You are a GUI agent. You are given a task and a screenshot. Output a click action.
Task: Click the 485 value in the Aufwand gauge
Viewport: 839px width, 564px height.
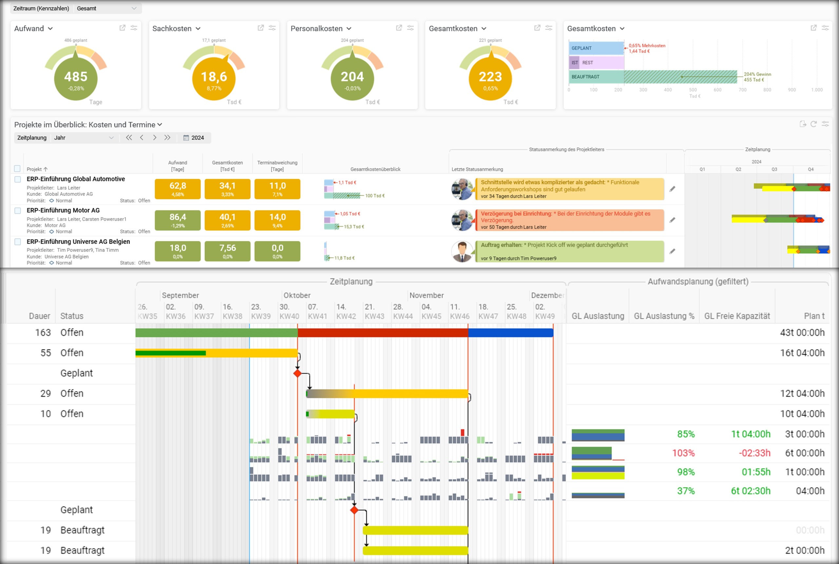(x=75, y=77)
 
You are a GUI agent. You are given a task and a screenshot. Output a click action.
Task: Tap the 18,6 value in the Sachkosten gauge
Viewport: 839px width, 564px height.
(x=214, y=77)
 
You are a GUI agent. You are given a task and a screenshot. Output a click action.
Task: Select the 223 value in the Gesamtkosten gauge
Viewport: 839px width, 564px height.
(x=490, y=77)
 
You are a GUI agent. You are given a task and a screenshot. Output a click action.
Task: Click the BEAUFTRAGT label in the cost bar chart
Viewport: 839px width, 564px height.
(x=585, y=77)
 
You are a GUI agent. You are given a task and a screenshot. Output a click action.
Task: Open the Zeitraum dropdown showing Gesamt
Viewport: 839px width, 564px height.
(x=107, y=8)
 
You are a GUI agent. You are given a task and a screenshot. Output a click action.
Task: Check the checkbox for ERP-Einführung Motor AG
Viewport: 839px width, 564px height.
(x=18, y=210)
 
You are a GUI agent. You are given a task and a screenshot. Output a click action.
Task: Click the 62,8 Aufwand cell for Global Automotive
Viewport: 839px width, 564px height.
(x=178, y=188)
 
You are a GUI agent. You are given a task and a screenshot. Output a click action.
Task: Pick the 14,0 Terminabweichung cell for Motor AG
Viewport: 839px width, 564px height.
(x=277, y=220)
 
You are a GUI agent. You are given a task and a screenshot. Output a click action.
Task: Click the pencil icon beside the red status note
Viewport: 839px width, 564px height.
(x=672, y=220)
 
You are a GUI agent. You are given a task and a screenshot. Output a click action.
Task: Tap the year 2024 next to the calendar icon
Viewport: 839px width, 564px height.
(x=197, y=138)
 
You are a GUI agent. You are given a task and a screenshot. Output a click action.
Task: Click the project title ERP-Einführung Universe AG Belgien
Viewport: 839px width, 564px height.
(x=78, y=241)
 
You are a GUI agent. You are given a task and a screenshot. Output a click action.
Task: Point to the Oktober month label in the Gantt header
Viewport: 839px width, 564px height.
(x=297, y=295)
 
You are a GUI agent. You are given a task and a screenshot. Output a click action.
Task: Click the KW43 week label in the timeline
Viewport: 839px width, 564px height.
(x=374, y=316)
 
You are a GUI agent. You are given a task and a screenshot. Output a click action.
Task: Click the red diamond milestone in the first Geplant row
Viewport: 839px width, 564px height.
(x=297, y=373)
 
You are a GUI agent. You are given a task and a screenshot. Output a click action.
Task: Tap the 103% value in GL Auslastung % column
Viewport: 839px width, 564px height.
(x=683, y=453)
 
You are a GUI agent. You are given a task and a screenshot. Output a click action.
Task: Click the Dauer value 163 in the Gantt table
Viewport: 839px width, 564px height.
(x=43, y=332)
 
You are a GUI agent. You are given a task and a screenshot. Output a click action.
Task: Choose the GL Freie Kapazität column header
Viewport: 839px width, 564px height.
(x=737, y=316)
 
